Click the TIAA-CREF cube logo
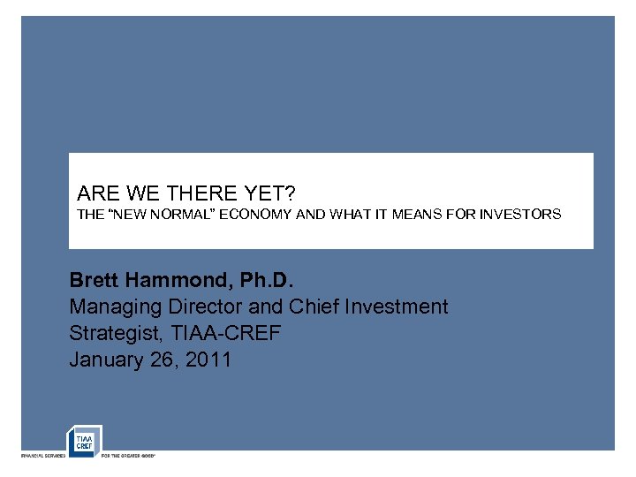[85, 441]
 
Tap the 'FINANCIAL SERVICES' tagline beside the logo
[42, 456]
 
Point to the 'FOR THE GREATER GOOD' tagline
[128, 456]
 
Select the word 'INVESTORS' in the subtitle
[520, 215]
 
